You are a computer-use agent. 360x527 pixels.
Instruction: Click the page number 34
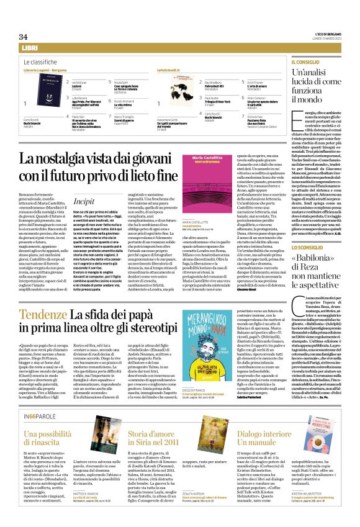(x=24, y=37)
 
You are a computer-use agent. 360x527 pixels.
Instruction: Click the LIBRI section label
(x=29, y=48)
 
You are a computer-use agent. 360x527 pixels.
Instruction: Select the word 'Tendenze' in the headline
(x=45, y=316)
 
